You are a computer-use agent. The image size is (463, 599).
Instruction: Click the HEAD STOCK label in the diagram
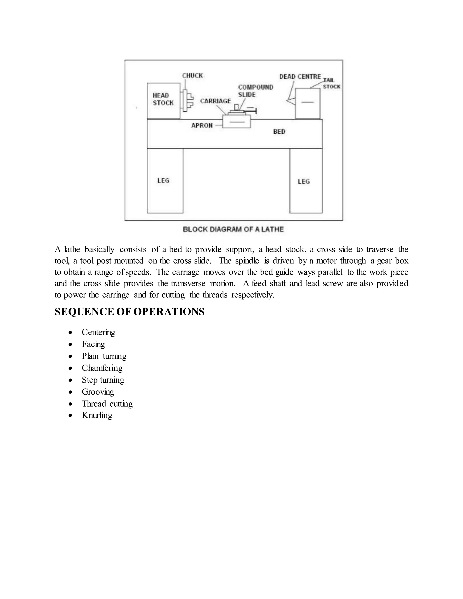point(163,99)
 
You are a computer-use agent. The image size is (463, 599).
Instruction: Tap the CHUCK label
point(192,76)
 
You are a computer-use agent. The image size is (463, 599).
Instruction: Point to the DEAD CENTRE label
point(300,77)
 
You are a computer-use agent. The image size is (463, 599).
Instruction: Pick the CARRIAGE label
point(215,101)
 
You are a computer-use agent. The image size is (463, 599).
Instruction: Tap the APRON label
point(202,125)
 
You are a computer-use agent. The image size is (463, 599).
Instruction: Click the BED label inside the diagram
point(279,132)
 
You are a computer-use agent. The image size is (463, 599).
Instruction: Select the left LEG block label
point(163,180)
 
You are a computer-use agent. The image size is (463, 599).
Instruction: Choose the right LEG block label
point(304,181)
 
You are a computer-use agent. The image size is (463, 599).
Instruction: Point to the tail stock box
point(307,103)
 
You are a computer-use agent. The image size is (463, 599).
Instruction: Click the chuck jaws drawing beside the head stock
point(187,100)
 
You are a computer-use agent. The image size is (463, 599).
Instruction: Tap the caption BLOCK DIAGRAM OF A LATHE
point(233,229)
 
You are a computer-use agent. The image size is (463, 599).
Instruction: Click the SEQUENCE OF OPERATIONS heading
point(130,312)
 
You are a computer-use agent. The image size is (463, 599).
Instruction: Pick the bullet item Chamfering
point(102,368)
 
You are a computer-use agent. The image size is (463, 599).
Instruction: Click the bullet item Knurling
point(97,415)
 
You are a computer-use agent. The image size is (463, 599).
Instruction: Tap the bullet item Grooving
point(98,392)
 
